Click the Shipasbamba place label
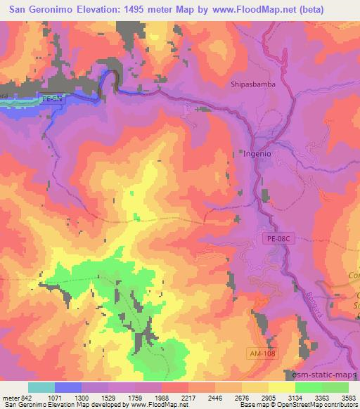pos(252,84)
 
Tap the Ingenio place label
pos(257,152)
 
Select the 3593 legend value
pos(349,397)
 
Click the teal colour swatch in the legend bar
pos(41,387)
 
